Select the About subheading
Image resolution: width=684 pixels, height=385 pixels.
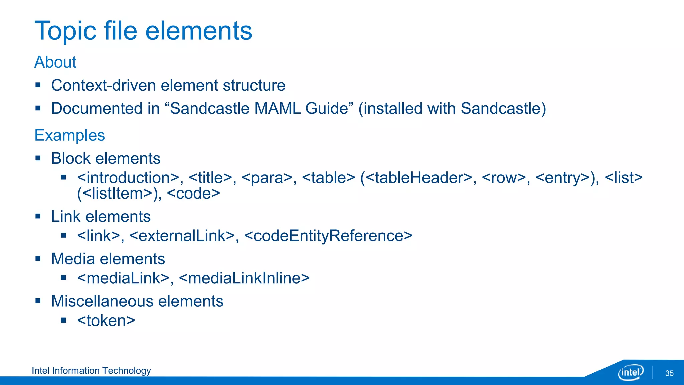pos(55,62)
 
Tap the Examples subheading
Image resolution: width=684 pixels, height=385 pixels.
pos(69,135)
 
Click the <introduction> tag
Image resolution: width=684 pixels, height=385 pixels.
pos(128,178)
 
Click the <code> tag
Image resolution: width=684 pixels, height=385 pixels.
pos(193,194)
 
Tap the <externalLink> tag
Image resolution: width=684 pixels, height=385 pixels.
pos(182,236)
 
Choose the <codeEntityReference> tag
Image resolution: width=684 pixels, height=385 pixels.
pos(328,236)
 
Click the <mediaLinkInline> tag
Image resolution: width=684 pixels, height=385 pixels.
pos(244,278)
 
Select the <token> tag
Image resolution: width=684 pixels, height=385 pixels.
pos(106,321)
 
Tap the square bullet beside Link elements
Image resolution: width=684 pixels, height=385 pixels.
pos(38,217)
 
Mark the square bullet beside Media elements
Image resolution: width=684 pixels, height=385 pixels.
pos(38,259)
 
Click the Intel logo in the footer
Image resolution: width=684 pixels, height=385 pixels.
pos(630,372)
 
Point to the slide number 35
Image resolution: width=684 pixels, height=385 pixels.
pos(669,373)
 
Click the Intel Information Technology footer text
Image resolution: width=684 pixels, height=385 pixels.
pos(91,371)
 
